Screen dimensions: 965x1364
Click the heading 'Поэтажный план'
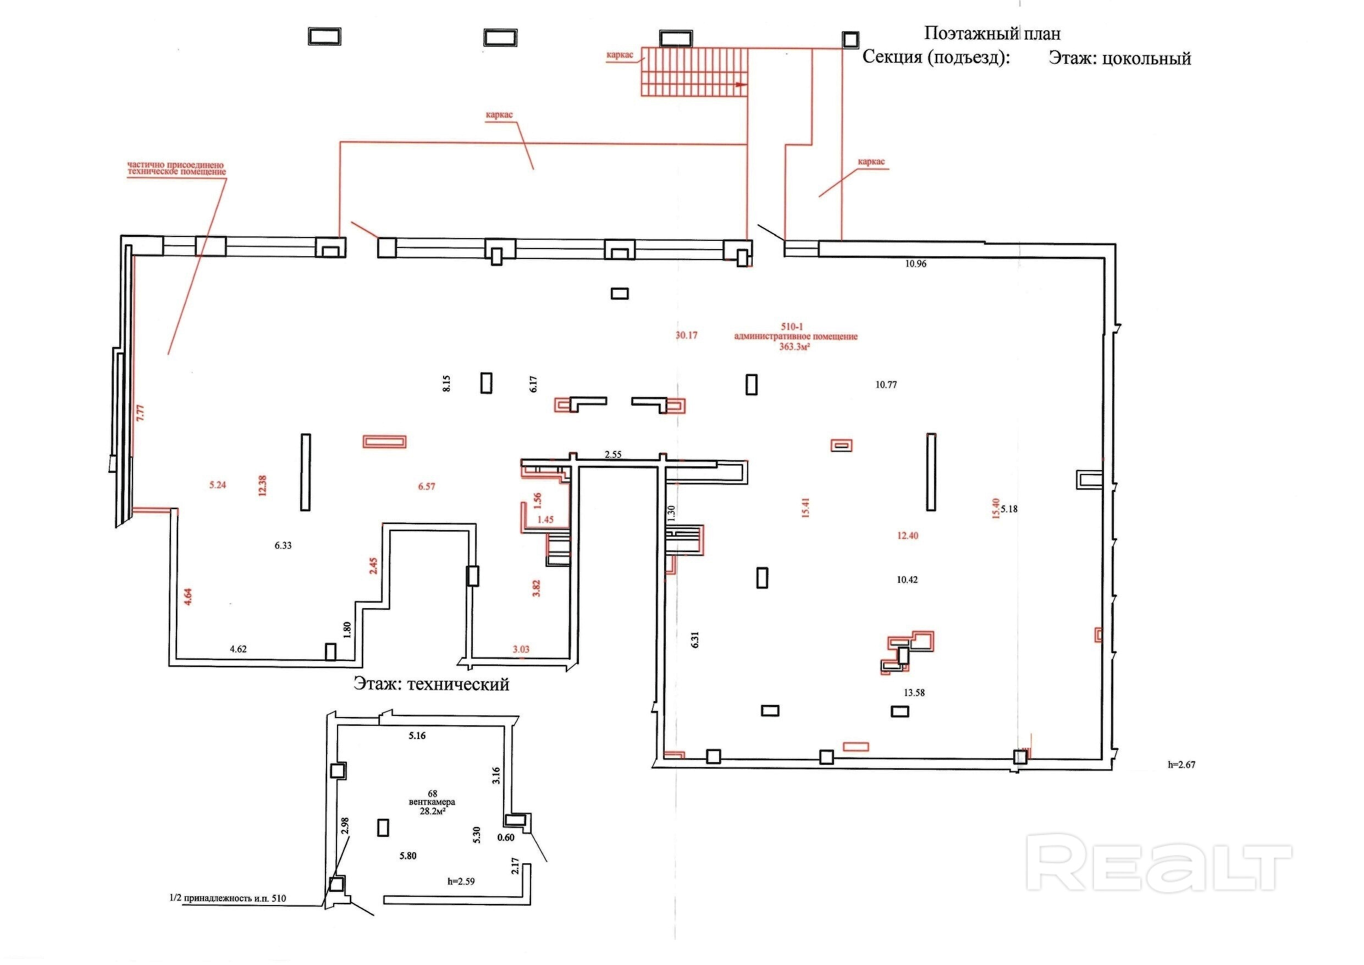click(992, 34)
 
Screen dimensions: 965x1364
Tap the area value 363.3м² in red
click(795, 346)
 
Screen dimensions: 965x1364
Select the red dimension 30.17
click(686, 335)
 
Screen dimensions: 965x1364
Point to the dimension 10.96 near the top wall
click(915, 264)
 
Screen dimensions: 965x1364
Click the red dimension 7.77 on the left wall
click(140, 413)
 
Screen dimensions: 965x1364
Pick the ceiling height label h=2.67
click(1181, 765)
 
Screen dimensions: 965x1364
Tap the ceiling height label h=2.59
click(461, 881)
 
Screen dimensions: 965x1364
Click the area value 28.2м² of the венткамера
click(433, 810)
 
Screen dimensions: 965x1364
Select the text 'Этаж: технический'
click(431, 684)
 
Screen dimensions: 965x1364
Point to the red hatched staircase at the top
click(693, 72)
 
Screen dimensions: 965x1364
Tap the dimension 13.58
click(914, 692)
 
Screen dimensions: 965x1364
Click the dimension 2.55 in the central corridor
click(613, 455)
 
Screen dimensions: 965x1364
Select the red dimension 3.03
click(521, 649)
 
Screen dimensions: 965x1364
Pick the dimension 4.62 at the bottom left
click(238, 649)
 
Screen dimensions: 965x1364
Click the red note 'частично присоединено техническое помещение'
click(176, 168)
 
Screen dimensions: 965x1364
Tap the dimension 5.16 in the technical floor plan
click(417, 736)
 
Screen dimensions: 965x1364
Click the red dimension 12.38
click(263, 485)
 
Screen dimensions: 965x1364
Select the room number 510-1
click(792, 326)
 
